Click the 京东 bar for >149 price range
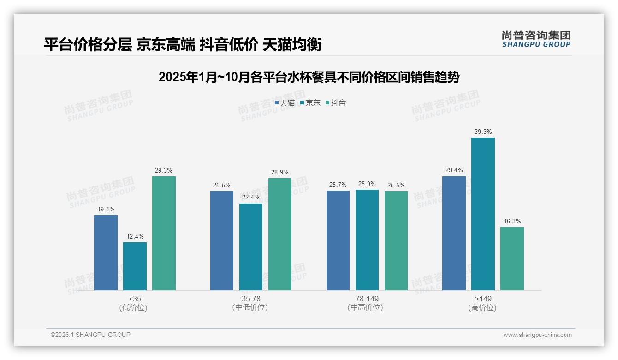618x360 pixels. pos(483,214)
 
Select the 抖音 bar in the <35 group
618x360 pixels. pos(164,233)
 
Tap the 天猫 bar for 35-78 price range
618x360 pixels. pos(222,240)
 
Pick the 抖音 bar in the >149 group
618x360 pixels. pos(512,258)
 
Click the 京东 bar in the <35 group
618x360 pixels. pos(135,266)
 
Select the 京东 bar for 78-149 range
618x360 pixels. pos(367,240)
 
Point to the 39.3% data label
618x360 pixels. pos(483,132)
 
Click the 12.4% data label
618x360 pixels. pos(135,237)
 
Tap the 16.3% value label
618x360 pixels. pos(512,222)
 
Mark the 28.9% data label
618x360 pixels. pos(280,173)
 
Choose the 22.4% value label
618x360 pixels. pos(251,198)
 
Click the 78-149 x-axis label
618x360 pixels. pos(367,299)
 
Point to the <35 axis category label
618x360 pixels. pos(135,299)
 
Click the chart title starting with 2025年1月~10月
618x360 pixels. pos(309,77)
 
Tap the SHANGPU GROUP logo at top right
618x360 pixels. pos(536,39)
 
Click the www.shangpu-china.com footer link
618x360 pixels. pos(537,335)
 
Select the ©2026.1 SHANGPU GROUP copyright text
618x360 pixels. pos(90,335)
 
